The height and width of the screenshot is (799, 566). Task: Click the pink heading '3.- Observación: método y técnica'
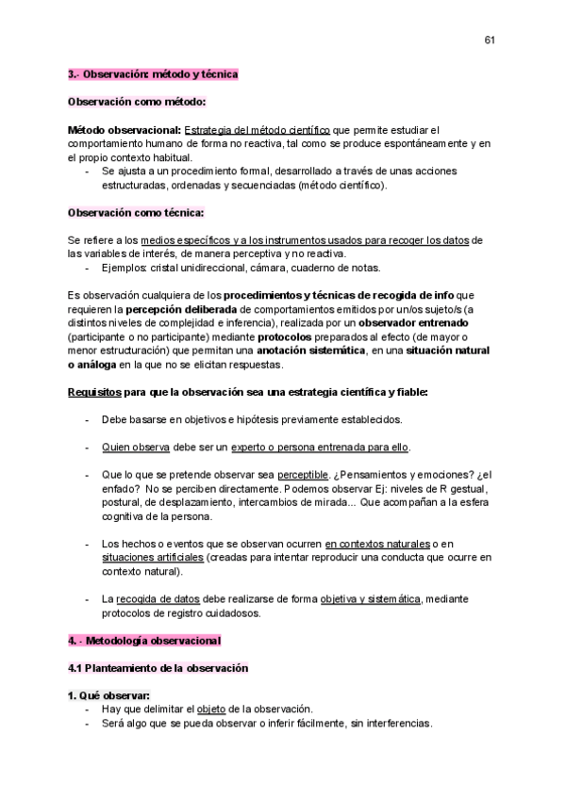[153, 73]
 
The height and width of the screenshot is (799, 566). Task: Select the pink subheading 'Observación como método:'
[137, 101]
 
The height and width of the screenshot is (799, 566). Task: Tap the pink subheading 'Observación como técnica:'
[137, 212]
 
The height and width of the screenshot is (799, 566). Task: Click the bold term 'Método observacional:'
[125, 129]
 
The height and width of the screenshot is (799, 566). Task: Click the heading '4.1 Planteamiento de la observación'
[158, 668]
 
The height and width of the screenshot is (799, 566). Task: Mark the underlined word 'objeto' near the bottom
[212, 709]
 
